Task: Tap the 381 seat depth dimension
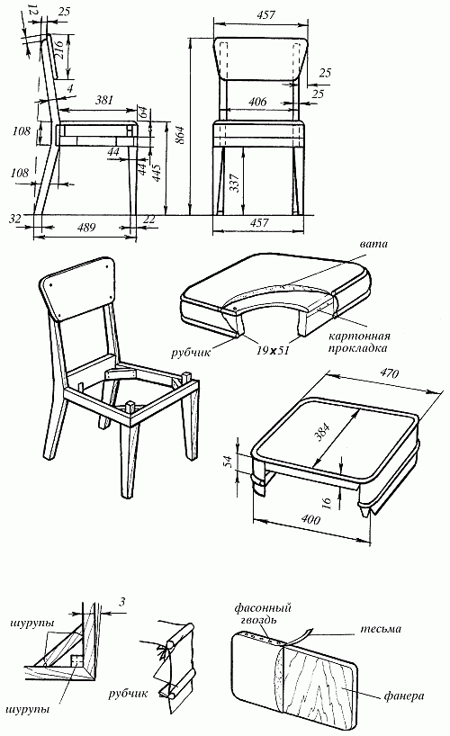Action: point(104,100)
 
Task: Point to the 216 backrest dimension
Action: point(60,48)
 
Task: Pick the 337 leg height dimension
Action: point(235,183)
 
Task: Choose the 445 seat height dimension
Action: point(157,175)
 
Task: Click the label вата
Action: point(373,244)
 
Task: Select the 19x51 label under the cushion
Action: point(273,351)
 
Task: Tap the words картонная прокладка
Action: point(359,342)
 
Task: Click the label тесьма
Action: point(381,629)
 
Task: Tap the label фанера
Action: point(403,696)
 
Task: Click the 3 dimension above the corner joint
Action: point(121,601)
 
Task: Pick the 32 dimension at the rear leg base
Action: point(15,219)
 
